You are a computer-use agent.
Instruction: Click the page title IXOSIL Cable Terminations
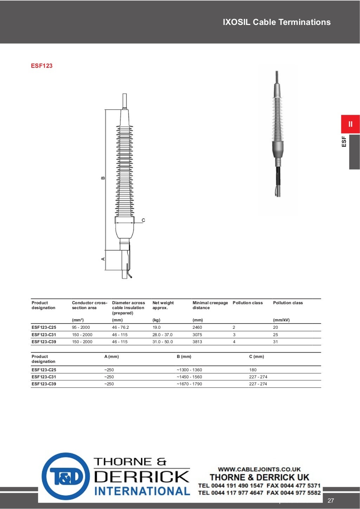coord(276,22)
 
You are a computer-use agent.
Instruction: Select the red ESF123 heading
coord(41,66)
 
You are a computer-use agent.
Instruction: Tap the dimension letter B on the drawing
coord(103,178)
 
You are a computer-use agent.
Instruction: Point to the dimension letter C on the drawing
coord(143,220)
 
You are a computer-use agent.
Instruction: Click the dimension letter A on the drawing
coord(103,259)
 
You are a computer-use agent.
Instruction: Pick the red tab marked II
coord(350,124)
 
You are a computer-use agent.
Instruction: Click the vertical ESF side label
coord(344,142)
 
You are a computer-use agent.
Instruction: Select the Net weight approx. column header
coord(163,305)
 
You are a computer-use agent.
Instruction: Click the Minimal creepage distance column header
coord(210,305)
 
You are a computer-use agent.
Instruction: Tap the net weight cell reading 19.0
coord(156,327)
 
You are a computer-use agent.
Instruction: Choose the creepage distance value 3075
coord(197,335)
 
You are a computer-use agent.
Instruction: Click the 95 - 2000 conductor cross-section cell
coord(81,327)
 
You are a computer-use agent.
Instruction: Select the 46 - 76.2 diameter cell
coord(121,327)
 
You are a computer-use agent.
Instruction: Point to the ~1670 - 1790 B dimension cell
coord(189,384)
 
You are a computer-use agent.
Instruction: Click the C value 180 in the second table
coord(253,370)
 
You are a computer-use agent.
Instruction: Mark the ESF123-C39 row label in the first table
coord(44,342)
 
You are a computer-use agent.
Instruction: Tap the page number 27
coord(331,501)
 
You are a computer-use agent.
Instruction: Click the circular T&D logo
coord(66,476)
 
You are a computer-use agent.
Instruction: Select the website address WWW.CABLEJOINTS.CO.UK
coord(259,469)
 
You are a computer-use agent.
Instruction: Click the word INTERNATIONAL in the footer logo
coord(142,491)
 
